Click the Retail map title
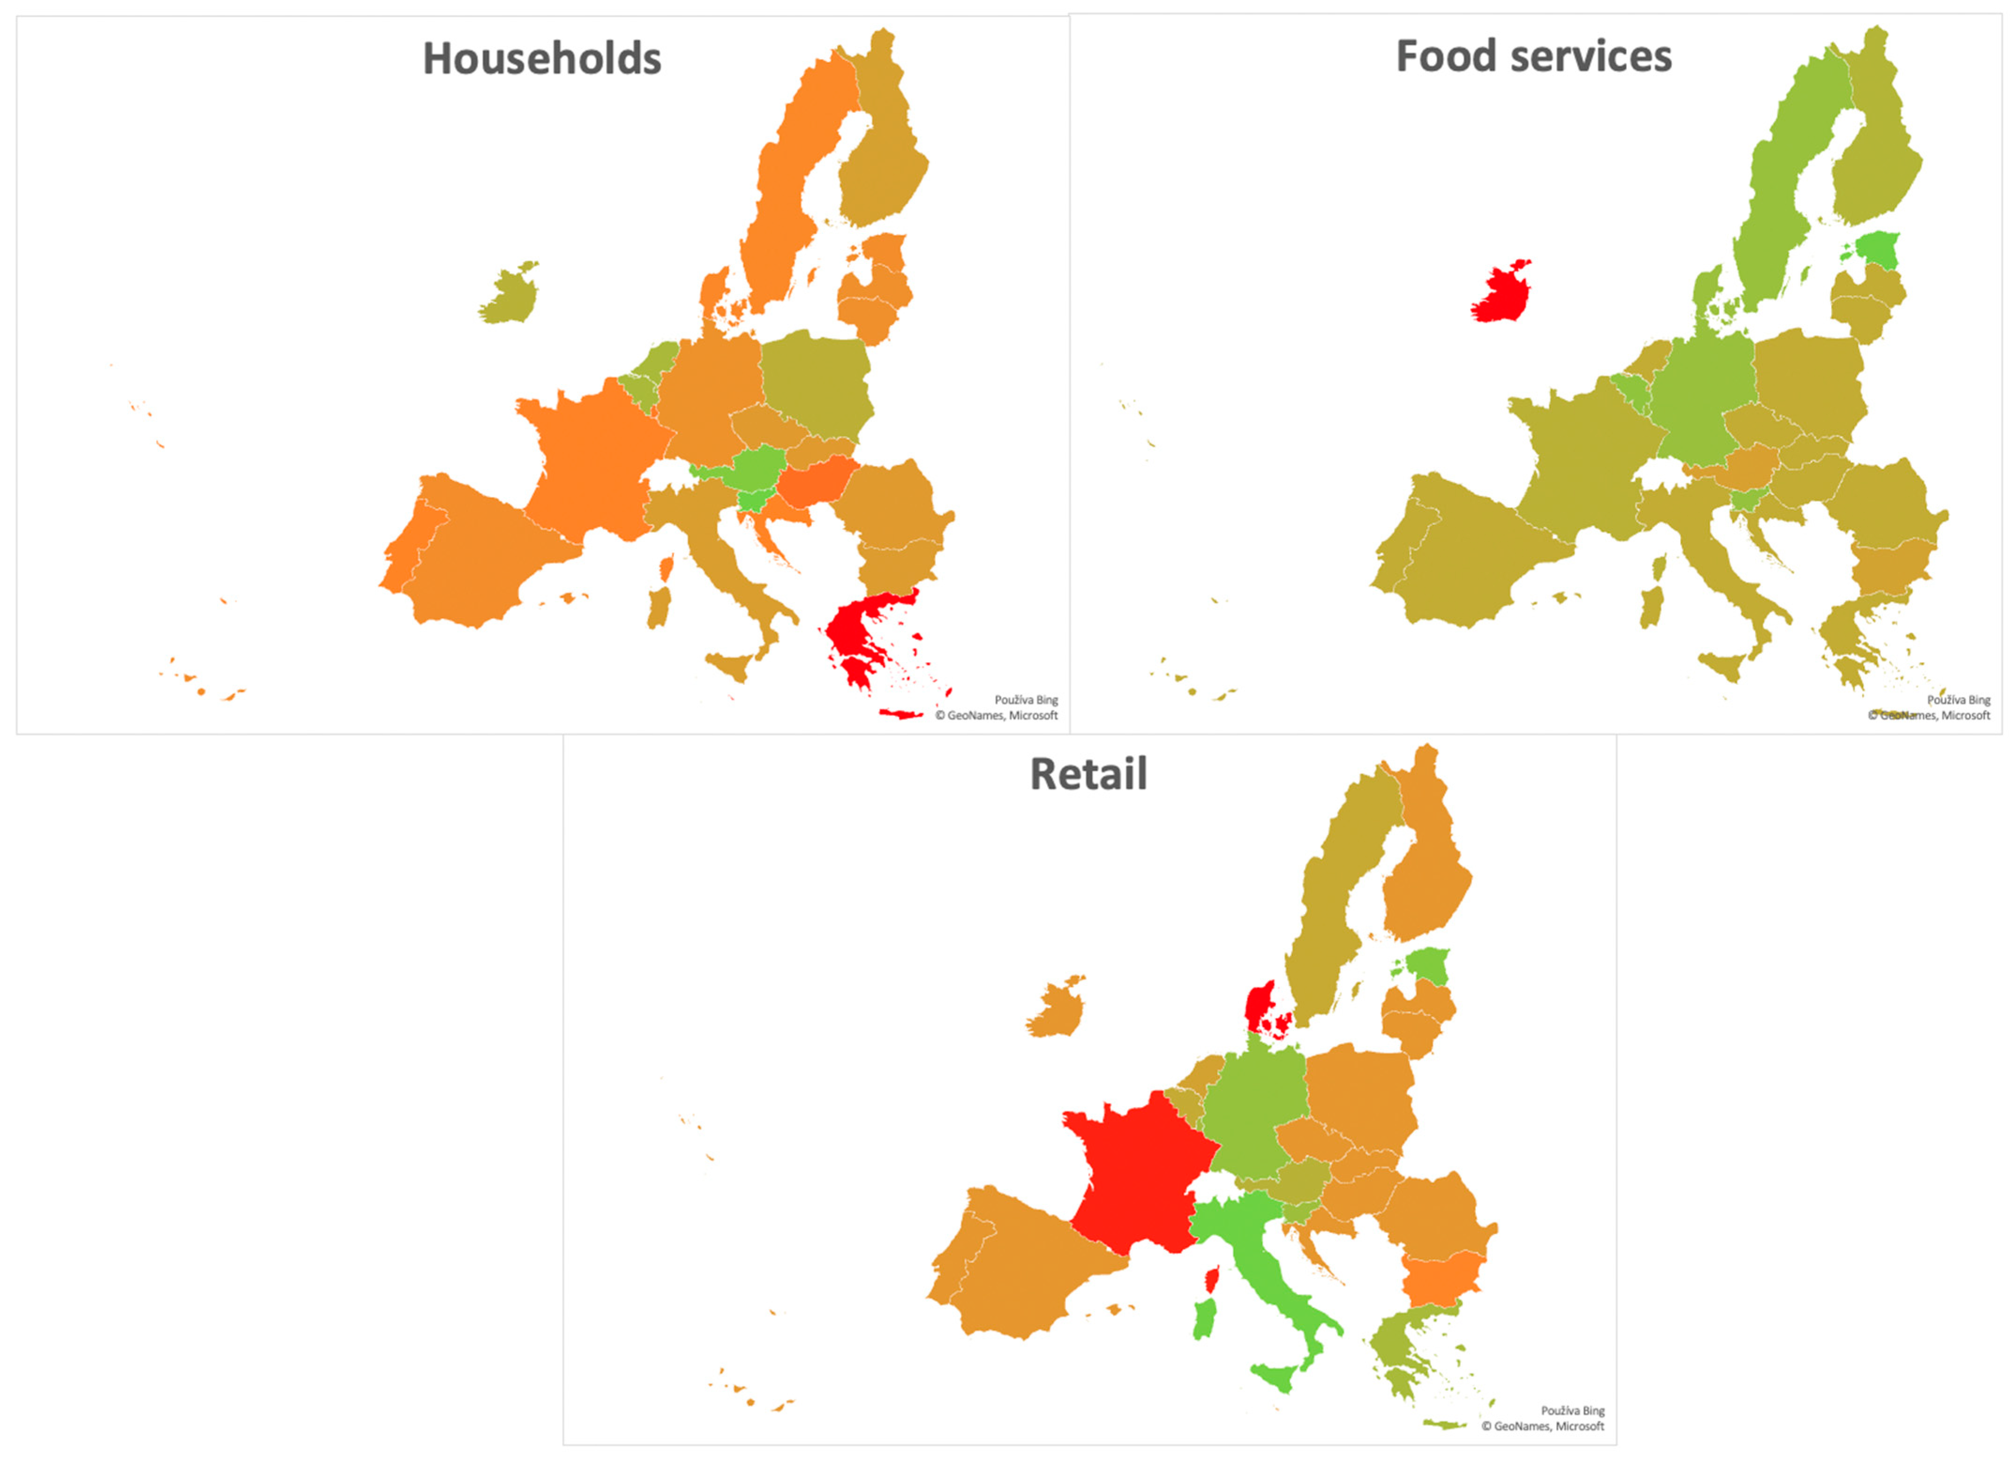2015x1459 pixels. point(1088,774)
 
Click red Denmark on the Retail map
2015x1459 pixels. point(1258,1008)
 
